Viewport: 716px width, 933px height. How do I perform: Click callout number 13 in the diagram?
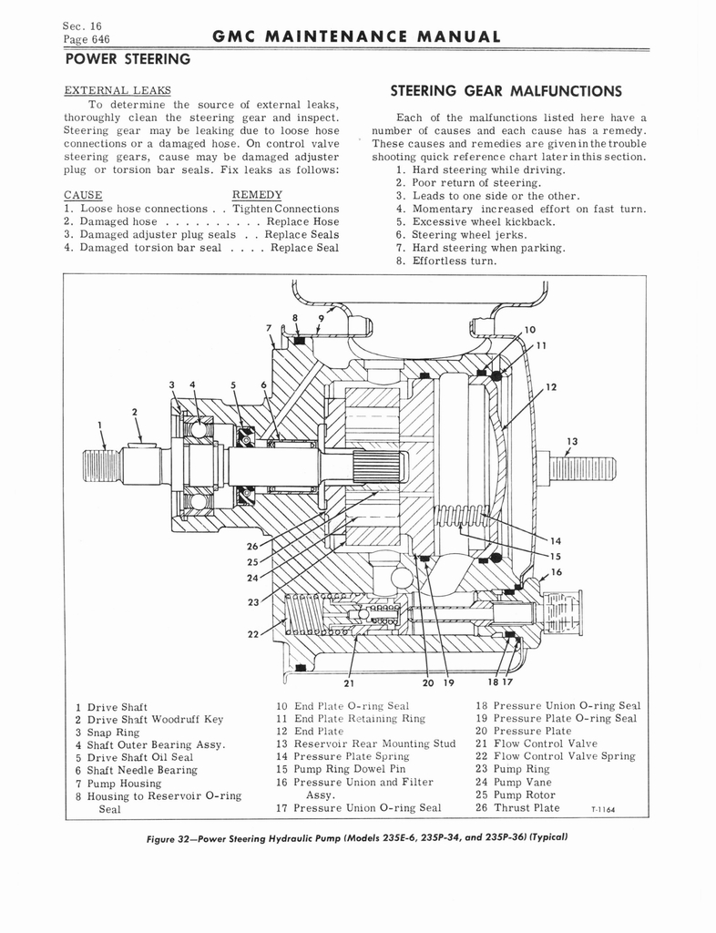click(572, 442)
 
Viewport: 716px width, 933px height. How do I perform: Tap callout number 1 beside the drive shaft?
click(100, 425)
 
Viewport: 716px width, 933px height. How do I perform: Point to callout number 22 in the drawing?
click(253, 634)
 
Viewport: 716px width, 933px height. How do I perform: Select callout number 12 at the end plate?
click(551, 387)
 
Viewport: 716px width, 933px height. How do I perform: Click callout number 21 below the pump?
click(349, 683)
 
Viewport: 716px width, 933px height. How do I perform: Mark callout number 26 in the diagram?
click(252, 547)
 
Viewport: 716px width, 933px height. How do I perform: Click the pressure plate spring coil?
click(463, 517)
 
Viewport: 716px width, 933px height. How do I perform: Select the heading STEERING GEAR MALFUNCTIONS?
click(506, 91)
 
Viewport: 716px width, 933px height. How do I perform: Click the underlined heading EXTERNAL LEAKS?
click(118, 90)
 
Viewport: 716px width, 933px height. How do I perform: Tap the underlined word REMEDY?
click(257, 195)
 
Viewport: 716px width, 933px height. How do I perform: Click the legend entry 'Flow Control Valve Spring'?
click(565, 756)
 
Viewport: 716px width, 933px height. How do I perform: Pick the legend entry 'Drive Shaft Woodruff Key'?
click(155, 720)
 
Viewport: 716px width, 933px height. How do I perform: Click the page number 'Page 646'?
click(87, 39)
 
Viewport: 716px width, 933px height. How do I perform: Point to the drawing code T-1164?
click(603, 809)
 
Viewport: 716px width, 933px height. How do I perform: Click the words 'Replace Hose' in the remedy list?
click(302, 221)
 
